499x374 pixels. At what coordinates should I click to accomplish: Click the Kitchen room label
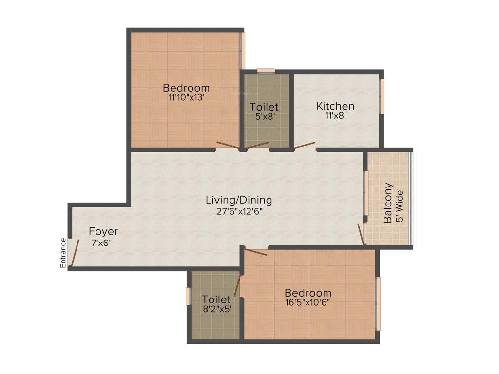point(335,106)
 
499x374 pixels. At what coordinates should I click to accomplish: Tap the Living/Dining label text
point(239,200)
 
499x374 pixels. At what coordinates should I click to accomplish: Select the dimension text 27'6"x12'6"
point(239,211)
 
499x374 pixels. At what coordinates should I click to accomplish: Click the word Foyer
point(103,232)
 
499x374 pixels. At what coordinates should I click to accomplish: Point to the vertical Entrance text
point(63,253)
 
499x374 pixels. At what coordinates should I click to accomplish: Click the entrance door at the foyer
point(75,253)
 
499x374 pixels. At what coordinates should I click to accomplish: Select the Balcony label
point(388,203)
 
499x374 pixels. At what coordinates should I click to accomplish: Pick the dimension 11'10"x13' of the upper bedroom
point(186,97)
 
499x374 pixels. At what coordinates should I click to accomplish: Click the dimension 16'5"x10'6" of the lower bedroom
point(308,302)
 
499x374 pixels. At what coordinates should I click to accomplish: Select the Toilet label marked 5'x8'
point(264,107)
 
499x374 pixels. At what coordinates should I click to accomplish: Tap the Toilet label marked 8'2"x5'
point(216,299)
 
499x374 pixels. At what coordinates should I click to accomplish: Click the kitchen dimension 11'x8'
point(335,116)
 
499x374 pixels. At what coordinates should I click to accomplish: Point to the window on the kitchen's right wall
point(382,96)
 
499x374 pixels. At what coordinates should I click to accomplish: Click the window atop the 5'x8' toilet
point(266,71)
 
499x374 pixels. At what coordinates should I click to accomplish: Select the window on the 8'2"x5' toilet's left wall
point(188,297)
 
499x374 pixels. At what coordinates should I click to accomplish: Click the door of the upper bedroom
point(228,145)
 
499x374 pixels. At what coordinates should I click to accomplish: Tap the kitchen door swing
point(304,145)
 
